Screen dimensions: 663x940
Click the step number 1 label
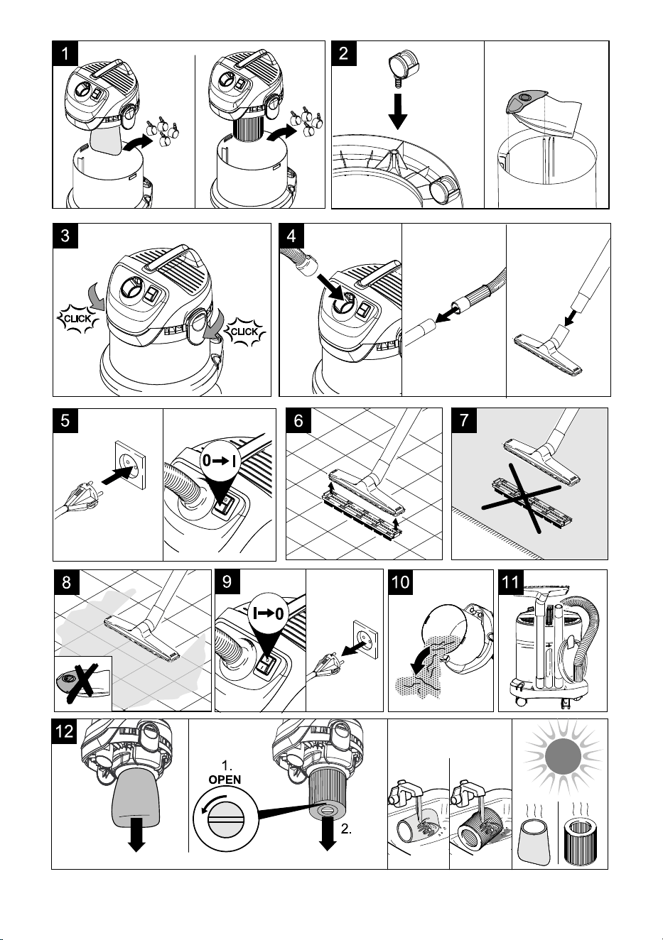[x=65, y=53]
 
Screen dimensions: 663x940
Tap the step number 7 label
[x=464, y=420]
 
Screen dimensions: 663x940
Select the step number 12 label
[x=64, y=731]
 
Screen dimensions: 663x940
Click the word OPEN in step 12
[x=225, y=780]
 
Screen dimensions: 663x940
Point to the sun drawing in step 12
[x=563, y=758]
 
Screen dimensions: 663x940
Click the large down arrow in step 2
[x=397, y=111]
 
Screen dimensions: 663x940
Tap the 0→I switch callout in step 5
[x=220, y=466]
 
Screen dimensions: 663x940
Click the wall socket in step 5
[x=131, y=464]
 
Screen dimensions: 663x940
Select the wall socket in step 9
[x=366, y=640]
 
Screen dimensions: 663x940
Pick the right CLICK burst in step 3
[x=246, y=332]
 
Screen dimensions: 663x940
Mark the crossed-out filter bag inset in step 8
[x=83, y=683]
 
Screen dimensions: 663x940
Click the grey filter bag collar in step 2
[x=525, y=101]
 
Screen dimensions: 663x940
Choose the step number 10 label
[x=401, y=582]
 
